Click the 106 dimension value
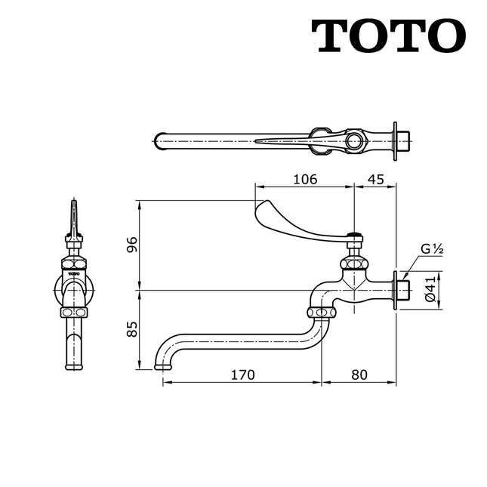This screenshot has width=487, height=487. [x=304, y=179]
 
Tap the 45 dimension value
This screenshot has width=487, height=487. [x=375, y=179]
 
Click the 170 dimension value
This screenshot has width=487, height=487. [x=243, y=374]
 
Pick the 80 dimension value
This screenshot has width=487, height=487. [x=359, y=374]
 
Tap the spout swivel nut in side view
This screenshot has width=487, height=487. [x=321, y=312]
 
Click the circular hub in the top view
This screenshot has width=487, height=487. [x=353, y=140]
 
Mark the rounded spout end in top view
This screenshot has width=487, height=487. [x=159, y=140]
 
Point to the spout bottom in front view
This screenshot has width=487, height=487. [x=73, y=365]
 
